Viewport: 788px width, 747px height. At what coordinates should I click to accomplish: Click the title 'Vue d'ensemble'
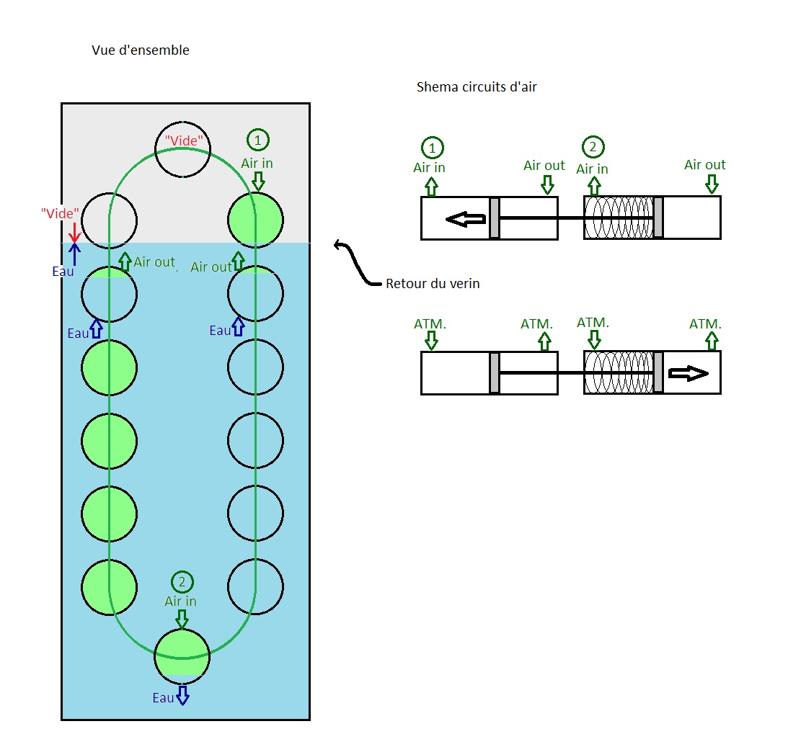pyautogui.click(x=140, y=50)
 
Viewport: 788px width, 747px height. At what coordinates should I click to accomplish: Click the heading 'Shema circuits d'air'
pyautogui.click(x=477, y=87)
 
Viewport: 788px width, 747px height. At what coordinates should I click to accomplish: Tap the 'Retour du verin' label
pyautogui.click(x=433, y=284)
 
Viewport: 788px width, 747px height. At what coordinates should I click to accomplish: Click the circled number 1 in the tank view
pyautogui.click(x=258, y=140)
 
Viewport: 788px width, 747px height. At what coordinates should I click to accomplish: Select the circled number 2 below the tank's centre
pyautogui.click(x=182, y=582)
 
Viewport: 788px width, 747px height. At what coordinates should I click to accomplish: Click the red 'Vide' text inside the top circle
pyautogui.click(x=184, y=140)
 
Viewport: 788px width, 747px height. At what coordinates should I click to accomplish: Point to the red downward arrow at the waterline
pyautogui.click(x=74, y=233)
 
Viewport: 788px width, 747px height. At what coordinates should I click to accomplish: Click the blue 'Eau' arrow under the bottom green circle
pyautogui.click(x=182, y=695)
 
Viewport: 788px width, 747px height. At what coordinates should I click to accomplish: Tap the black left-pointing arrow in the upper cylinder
pyautogui.click(x=465, y=220)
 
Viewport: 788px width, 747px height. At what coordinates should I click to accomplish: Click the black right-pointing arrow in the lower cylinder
pyautogui.click(x=688, y=373)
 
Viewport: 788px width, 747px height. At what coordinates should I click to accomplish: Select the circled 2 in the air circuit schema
pyautogui.click(x=593, y=147)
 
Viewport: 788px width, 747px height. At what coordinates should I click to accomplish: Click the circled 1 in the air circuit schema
pyautogui.click(x=432, y=148)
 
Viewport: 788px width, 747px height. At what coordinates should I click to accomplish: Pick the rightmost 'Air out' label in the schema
pyautogui.click(x=704, y=165)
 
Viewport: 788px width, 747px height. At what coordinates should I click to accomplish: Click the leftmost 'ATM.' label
pyautogui.click(x=430, y=324)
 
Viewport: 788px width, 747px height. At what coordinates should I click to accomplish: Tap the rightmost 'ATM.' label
pyautogui.click(x=705, y=324)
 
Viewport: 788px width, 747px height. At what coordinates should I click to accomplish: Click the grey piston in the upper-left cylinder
pyautogui.click(x=495, y=218)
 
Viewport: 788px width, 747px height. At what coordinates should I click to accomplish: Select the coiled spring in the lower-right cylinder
pyautogui.click(x=619, y=372)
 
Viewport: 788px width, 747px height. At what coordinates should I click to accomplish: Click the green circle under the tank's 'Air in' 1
pyautogui.click(x=255, y=220)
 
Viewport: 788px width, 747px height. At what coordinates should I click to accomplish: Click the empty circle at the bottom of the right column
pyautogui.click(x=255, y=587)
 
